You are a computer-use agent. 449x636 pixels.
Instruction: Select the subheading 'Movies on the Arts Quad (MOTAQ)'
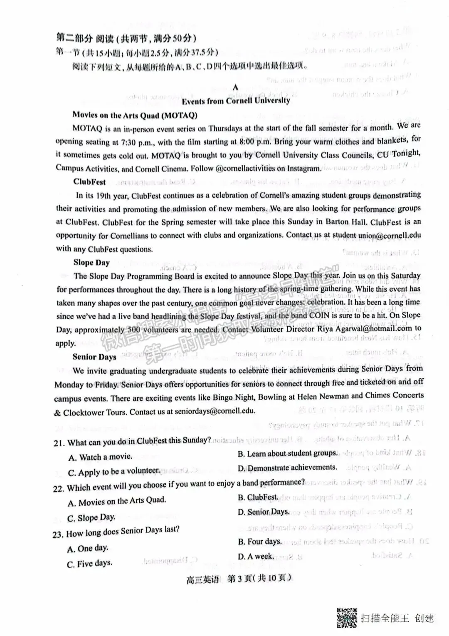(x=135, y=115)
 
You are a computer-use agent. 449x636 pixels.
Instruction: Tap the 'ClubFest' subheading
(x=89, y=182)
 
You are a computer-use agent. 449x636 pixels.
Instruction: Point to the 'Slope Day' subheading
(x=91, y=263)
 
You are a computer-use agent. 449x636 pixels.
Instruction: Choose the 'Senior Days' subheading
(x=94, y=357)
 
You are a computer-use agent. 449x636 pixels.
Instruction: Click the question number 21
(x=59, y=443)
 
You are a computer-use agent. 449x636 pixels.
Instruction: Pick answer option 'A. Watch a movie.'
(x=100, y=457)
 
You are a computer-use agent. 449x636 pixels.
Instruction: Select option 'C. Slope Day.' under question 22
(x=91, y=518)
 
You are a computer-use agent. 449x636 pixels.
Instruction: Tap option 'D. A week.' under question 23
(x=256, y=556)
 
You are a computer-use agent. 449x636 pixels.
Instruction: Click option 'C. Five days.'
(x=89, y=564)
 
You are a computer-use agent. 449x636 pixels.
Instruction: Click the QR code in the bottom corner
(x=346, y=617)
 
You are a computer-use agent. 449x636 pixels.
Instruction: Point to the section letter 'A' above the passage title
(x=236, y=87)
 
